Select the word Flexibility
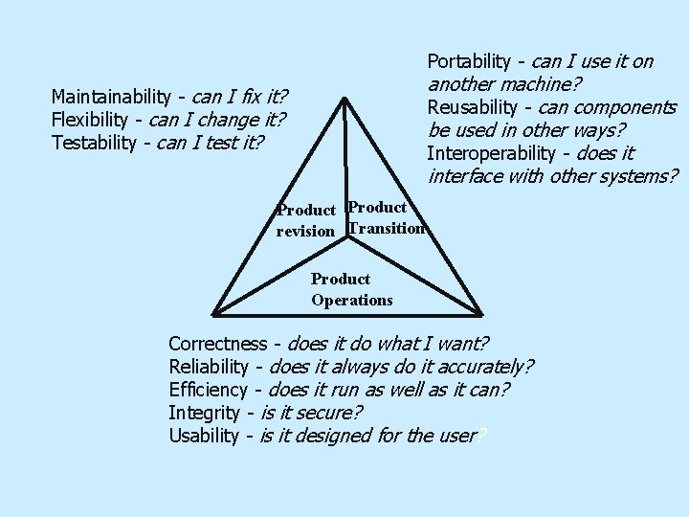coord(91,120)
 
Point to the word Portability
coord(469,62)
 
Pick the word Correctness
coord(217,344)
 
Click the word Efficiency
coord(208,390)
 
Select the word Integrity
coord(203,413)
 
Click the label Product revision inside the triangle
coord(305,220)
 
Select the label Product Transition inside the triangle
coord(387,217)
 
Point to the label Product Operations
coord(351,289)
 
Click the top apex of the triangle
coord(344,98)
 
